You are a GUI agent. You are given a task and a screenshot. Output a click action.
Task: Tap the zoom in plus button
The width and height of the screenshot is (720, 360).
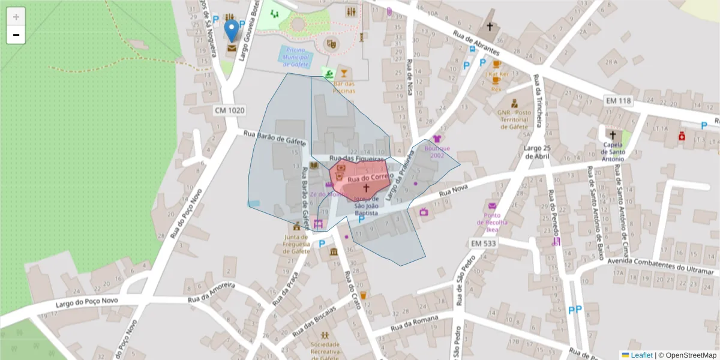pos(16,16)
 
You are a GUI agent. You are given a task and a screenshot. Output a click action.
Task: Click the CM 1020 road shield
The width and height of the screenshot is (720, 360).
pos(229,110)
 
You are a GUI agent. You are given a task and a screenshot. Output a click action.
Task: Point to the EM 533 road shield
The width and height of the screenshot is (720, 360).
pos(484,243)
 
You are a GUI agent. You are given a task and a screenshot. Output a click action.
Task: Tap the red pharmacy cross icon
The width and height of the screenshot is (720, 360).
pos(682,136)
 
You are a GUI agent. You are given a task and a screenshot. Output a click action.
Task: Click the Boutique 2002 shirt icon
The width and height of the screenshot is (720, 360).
pos(436,139)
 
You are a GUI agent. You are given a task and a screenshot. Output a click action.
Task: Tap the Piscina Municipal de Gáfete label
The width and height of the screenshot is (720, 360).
pos(296,57)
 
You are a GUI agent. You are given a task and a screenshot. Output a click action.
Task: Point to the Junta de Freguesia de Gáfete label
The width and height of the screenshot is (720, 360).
pos(296,244)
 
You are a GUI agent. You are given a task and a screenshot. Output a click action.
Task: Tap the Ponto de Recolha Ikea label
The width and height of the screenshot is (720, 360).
pos(492,222)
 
